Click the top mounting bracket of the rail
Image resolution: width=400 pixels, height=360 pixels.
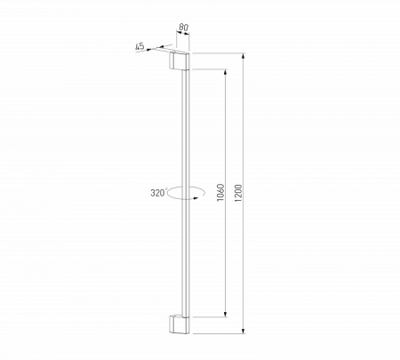179,62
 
